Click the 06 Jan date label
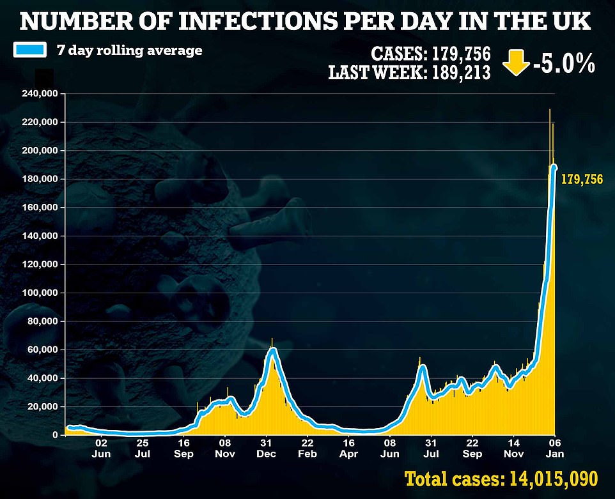click(555, 449)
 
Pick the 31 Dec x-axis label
click(266, 449)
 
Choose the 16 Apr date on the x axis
click(348, 449)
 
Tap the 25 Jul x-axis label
click(143, 449)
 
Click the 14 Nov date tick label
click(513, 449)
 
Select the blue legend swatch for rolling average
click(30, 50)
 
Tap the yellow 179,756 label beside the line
click(582, 180)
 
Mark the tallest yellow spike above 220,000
click(549, 112)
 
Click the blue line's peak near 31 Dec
click(273, 349)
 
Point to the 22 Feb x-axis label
click(307, 449)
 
